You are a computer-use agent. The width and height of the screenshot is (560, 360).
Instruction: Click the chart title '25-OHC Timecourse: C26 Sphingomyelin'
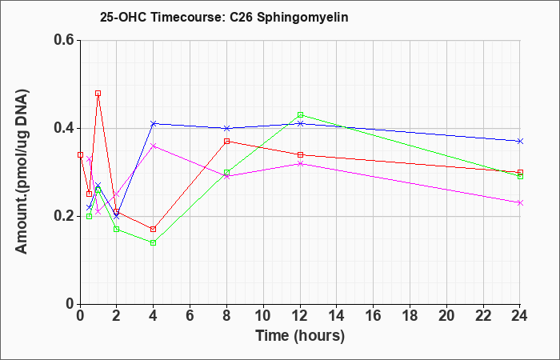pyautogui.click(x=224, y=17)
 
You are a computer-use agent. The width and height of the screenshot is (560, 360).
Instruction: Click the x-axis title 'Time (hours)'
pyautogui.click(x=300, y=336)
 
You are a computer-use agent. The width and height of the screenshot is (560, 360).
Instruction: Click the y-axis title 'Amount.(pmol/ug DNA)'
pyautogui.click(x=22, y=172)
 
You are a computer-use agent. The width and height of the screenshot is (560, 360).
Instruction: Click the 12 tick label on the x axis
pyautogui.click(x=300, y=316)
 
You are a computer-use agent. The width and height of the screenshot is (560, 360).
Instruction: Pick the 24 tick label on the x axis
pyautogui.click(x=520, y=316)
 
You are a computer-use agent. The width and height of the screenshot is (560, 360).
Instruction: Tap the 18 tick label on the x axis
pyautogui.click(x=410, y=316)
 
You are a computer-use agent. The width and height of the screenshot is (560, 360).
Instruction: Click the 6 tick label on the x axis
pyautogui.click(x=190, y=316)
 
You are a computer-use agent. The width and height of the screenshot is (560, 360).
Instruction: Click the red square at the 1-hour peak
pyautogui.click(x=98, y=94)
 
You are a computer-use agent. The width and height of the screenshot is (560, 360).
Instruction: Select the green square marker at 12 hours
pyautogui.click(x=300, y=115)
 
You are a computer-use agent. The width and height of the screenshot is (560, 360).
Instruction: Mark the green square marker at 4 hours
pyautogui.click(x=154, y=243)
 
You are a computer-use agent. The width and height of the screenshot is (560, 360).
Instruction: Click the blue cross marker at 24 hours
pyautogui.click(x=520, y=142)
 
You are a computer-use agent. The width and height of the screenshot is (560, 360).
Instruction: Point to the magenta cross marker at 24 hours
pyautogui.click(x=520, y=203)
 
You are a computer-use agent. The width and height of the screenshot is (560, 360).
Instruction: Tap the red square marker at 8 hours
pyautogui.click(x=226, y=142)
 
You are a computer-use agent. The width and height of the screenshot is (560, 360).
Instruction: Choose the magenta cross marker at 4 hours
pyautogui.click(x=154, y=146)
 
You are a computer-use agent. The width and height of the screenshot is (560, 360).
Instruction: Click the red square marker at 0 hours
pyautogui.click(x=80, y=154)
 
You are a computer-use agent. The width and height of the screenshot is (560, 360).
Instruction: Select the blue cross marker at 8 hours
pyautogui.click(x=226, y=128)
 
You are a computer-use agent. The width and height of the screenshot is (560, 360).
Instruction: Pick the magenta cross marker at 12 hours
pyautogui.click(x=300, y=163)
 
